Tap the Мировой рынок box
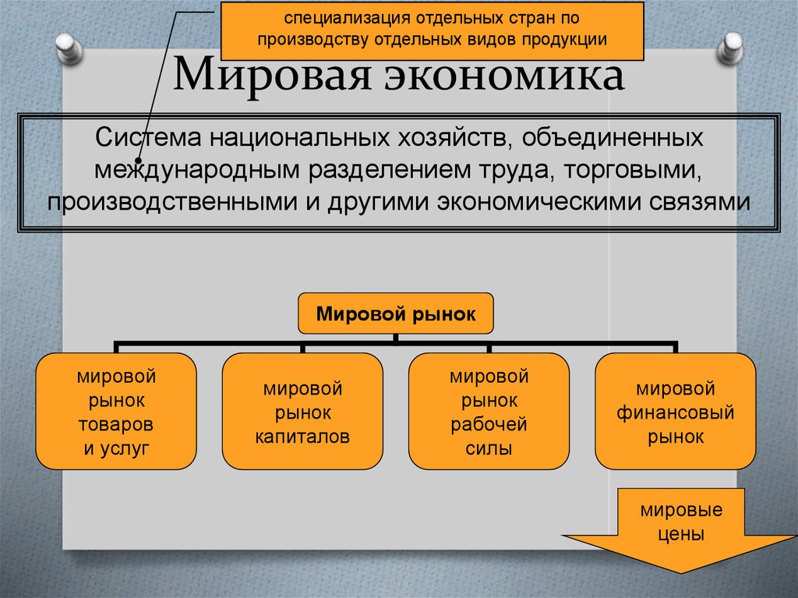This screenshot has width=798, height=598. [x=395, y=314]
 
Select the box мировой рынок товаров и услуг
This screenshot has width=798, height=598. [x=116, y=411]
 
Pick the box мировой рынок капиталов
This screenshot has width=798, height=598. [x=302, y=411]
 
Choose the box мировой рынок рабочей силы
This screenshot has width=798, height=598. [x=489, y=411]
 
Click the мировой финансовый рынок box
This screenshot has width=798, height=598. [x=675, y=411]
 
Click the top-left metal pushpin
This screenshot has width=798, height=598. [x=69, y=46]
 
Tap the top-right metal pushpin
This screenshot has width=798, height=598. [x=732, y=46]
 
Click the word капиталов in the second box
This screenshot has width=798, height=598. [x=302, y=435]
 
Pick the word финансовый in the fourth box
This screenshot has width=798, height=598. [x=675, y=412]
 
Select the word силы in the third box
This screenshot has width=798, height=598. [x=489, y=449]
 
